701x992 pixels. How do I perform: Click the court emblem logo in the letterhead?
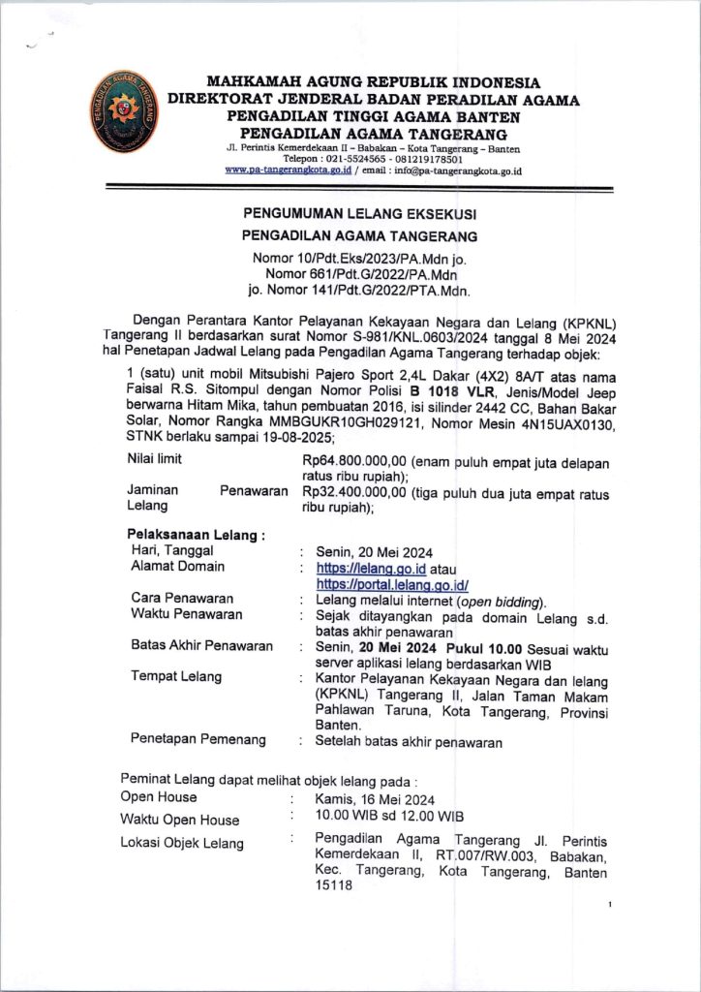tap(117, 113)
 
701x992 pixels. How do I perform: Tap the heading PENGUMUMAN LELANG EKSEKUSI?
tap(358, 212)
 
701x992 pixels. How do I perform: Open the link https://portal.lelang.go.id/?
tap(392, 584)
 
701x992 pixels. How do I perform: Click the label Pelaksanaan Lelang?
tap(197, 535)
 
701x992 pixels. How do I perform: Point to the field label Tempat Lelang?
tap(175, 676)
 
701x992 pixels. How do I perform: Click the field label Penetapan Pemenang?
tap(198, 740)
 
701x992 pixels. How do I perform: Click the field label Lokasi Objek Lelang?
tap(182, 843)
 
